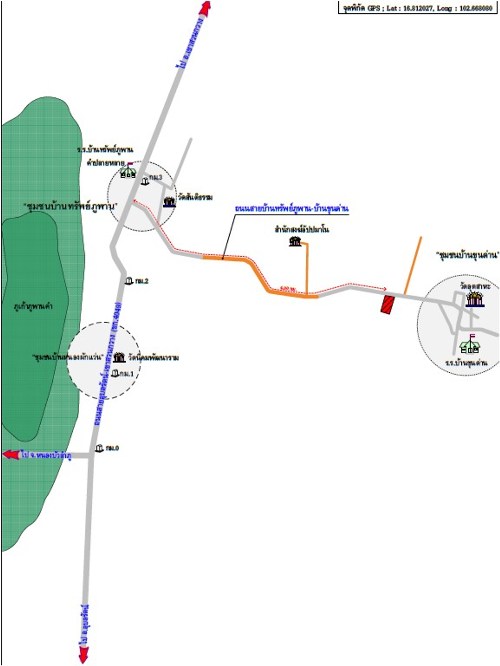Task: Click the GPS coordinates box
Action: (x=418, y=8)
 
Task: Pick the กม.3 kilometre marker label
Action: (x=155, y=177)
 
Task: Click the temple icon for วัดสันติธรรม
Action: (x=170, y=202)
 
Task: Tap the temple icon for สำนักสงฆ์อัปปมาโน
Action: (x=295, y=242)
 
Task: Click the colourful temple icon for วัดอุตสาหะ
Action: (x=475, y=299)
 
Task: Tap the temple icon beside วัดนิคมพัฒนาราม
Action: (x=119, y=357)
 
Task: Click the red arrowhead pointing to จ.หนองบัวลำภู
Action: (x=11, y=455)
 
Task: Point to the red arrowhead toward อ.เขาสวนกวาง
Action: (x=205, y=8)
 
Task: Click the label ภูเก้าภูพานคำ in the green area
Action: (x=33, y=306)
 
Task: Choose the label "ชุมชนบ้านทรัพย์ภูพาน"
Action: (x=70, y=206)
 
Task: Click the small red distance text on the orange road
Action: (x=288, y=288)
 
